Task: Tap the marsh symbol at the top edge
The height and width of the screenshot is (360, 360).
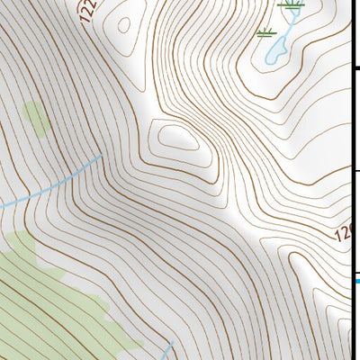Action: click(290, 4)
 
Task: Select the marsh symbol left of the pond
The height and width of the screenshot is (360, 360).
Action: click(266, 34)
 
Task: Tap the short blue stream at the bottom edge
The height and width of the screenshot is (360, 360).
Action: click(168, 350)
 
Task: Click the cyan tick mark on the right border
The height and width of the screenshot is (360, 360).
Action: click(355, 281)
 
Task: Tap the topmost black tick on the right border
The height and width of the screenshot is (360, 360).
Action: click(355, 67)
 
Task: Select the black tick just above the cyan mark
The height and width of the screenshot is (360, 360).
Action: click(355, 269)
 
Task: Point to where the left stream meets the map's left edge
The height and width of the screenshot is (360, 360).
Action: click(2, 206)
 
